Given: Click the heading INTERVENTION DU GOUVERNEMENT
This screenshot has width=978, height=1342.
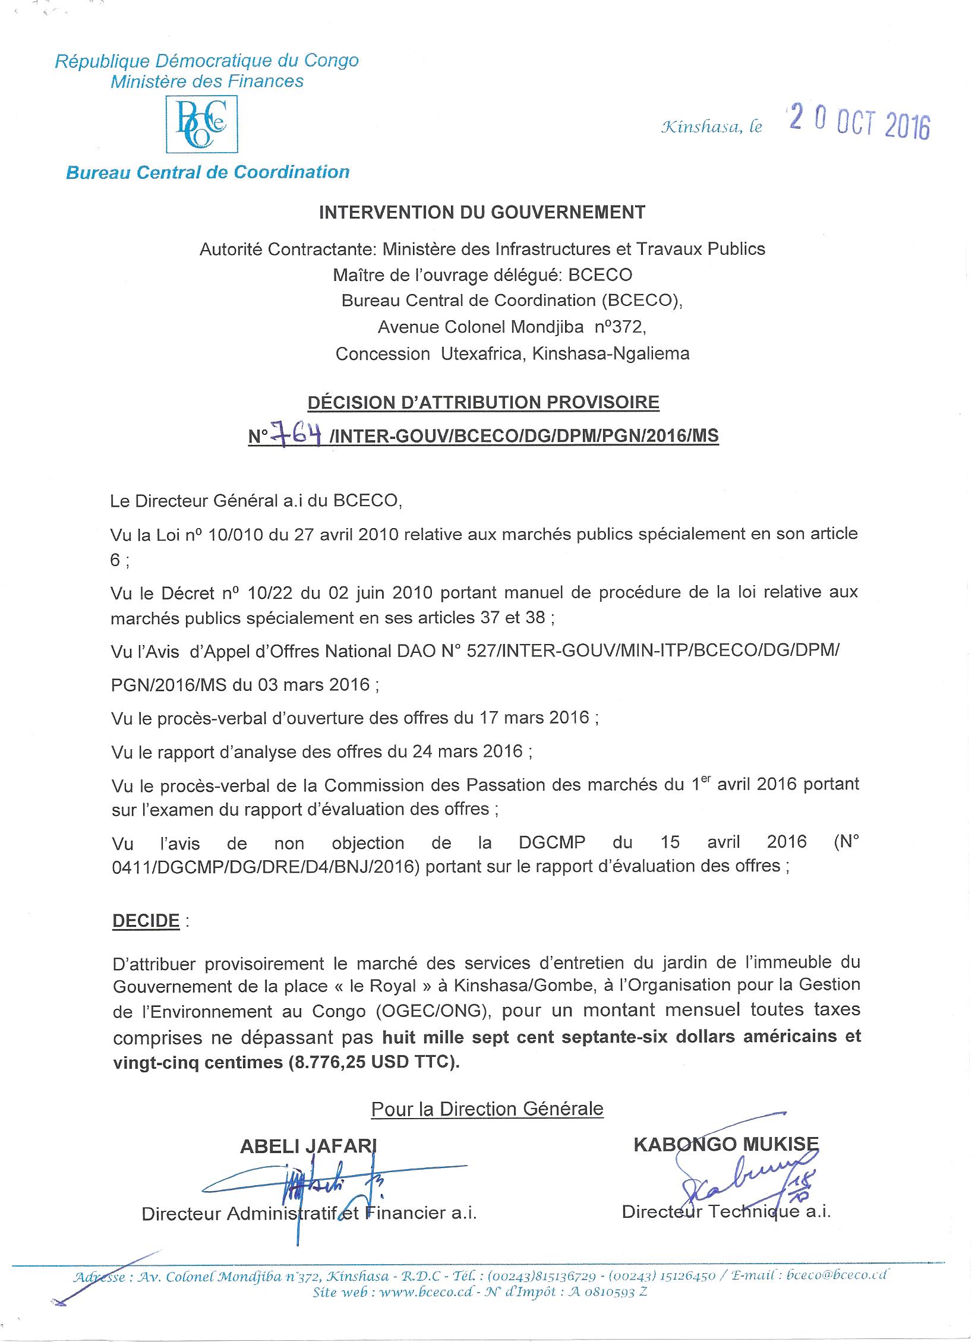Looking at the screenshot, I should (482, 213).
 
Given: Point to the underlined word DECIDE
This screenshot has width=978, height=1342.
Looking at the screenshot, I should (146, 921).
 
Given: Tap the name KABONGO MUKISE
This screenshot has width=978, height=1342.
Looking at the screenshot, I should (726, 1144).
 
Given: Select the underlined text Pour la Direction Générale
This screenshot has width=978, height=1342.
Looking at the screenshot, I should (487, 1109).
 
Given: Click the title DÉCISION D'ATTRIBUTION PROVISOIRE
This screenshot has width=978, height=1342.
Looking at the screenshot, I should (482, 402).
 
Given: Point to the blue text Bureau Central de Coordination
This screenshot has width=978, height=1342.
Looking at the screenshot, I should (207, 172).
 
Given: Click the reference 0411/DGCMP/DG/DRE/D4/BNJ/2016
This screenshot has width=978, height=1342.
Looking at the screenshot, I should (266, 867).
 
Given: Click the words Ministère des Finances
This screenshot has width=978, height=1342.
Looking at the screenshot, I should (207, 81).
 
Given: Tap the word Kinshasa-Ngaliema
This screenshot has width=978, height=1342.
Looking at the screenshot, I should (611, 354).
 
